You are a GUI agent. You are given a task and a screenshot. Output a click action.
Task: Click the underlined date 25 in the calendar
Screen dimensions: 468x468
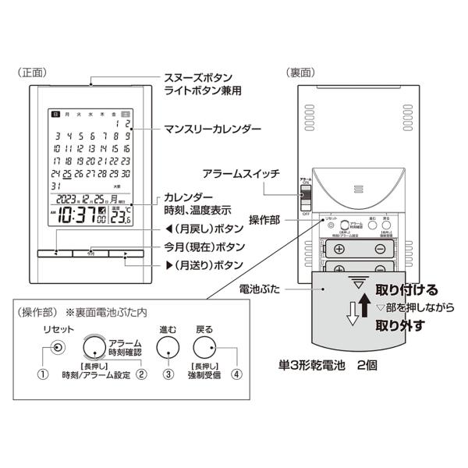click(69, 172)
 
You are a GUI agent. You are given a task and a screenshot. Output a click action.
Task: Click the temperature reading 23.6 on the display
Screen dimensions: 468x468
click(119, 218)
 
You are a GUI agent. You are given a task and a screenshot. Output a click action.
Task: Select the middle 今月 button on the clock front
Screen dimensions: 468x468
click(90, 253)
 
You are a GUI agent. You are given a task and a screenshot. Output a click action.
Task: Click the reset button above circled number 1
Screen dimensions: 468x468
click(56, 348)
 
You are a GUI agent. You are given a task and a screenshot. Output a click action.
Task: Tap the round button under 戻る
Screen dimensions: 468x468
click(205, 349)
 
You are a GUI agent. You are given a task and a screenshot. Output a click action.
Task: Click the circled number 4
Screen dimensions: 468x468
click(237, 373)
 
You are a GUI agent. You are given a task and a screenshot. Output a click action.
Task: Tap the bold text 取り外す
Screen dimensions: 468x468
click(399, 325)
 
